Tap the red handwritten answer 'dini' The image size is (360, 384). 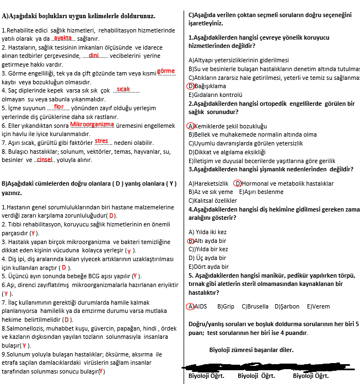coord(93,55)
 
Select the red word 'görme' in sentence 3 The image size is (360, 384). coord(165,71)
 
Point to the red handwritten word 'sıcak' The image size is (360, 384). coord(123,89)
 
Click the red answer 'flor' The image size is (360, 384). coord(59,107)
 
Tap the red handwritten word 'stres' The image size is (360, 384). coord(101,142)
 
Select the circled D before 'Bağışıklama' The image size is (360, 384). coord(191,86)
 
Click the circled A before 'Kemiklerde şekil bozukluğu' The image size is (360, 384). coord(191,126)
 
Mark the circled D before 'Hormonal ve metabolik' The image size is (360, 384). coord(238,183)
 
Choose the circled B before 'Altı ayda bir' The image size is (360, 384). coord(191,241)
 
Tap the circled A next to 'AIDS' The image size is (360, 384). coord(191,306)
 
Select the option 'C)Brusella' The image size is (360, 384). coord(255,306)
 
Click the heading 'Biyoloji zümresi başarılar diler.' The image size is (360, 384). coord(251,350)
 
